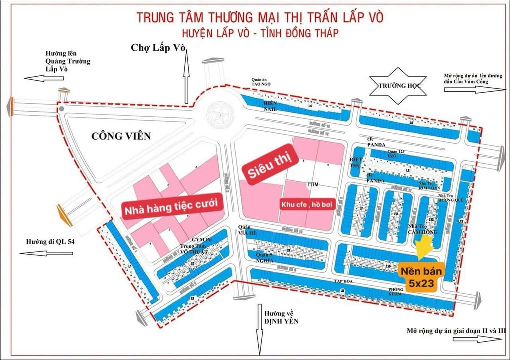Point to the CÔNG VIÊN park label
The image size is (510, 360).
[x=121, y=136]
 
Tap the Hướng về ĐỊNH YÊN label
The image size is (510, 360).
[x=279, y=317]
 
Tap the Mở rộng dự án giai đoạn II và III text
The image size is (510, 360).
[x=456, y=330]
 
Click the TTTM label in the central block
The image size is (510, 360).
[x=313, y=184]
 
